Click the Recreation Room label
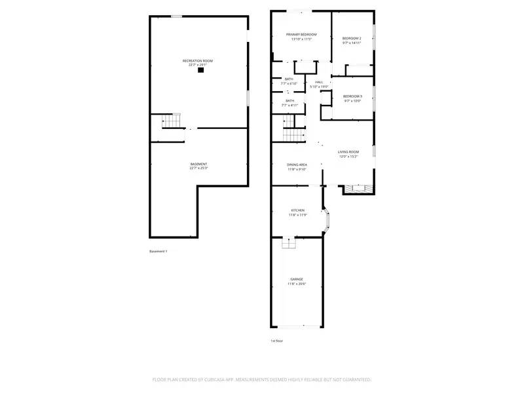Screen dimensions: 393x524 point(197,61)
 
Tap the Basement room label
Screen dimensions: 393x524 point(198,164)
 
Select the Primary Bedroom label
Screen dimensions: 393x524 point(301,34)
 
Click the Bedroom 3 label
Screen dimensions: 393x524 point(352,96)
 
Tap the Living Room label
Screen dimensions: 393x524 point(348,152)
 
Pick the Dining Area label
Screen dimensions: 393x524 point(297,164)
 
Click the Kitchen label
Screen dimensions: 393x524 point(297,210)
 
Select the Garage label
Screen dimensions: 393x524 point(297,279)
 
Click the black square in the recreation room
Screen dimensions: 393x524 point(201,70)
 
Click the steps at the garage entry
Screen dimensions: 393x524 point(289,243)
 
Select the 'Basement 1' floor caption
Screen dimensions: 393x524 point(159,252)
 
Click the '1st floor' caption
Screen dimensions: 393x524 point(277,341)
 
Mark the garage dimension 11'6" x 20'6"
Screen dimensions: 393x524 point(297,284)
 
